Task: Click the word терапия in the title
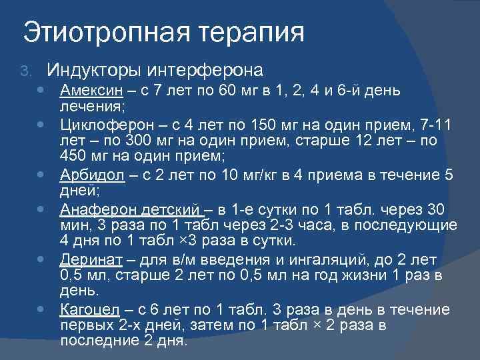pos(250,33)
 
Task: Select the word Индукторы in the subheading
pos(93,70)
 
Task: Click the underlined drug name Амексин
pos(86,90)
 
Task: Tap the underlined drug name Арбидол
pos(88,174)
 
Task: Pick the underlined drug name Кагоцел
pos(87,309)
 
